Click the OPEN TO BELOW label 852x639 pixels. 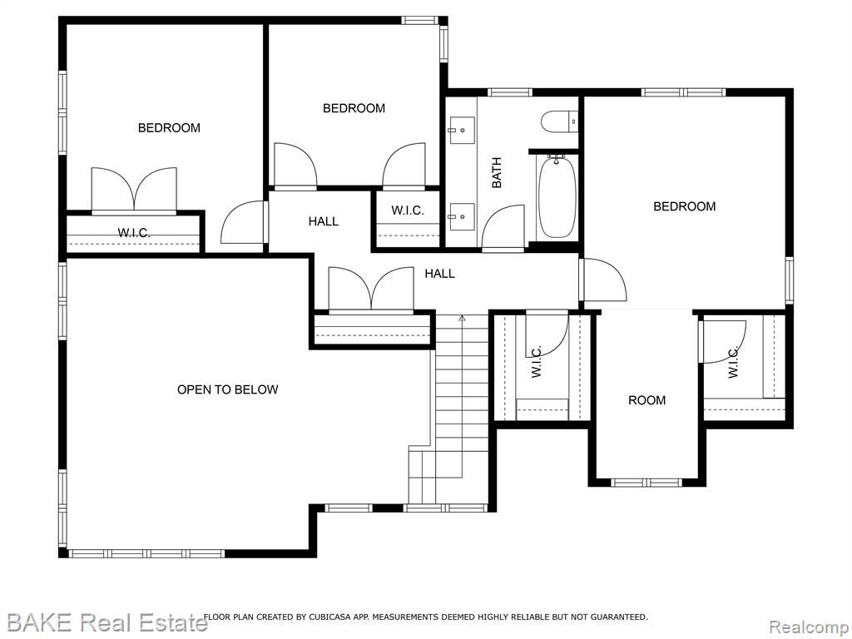point(228,389)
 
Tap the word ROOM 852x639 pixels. point(646,400)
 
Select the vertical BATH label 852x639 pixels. point(497,173)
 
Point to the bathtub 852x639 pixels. point(557,196)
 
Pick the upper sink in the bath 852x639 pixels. point(461,131)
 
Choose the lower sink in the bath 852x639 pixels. point(461,216)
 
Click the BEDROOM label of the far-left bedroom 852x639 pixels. point(169,128)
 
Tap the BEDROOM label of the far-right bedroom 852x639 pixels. point(684,206)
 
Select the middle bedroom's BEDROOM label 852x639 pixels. point(354,109)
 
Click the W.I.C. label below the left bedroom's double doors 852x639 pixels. point(134,233)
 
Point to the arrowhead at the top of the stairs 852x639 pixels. point(462,319)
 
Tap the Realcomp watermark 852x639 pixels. point(809,627)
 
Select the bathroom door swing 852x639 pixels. point(503,228)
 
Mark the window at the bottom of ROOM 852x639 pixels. point(646,483)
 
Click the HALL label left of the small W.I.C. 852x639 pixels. point(324,221)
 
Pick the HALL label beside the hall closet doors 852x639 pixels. point(439,274)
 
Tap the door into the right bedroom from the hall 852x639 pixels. point(603,280)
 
